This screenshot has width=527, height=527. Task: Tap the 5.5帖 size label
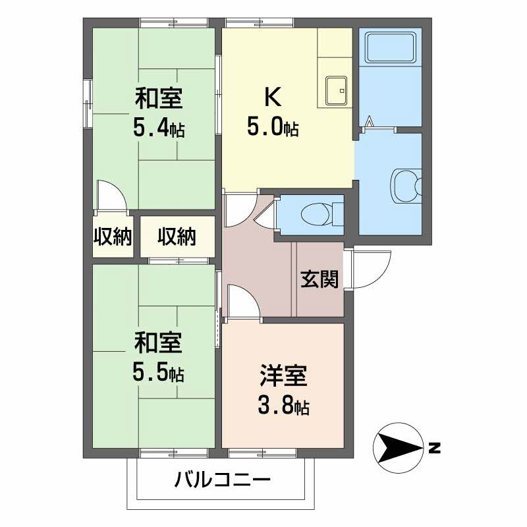tap(158, 372)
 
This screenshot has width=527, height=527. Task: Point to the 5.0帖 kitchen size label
tap(272, 126)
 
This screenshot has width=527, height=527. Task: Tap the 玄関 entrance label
tap(320, 280)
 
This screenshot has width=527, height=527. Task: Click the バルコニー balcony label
tap(222, 480)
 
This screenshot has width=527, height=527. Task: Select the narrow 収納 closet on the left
tap(113, 236)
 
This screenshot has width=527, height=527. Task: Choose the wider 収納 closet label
tap(177, 236)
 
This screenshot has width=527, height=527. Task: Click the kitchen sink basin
tap(337, 86)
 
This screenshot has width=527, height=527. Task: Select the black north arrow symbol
tap(397, 449)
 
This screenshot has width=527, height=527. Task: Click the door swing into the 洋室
tap(241, 302)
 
